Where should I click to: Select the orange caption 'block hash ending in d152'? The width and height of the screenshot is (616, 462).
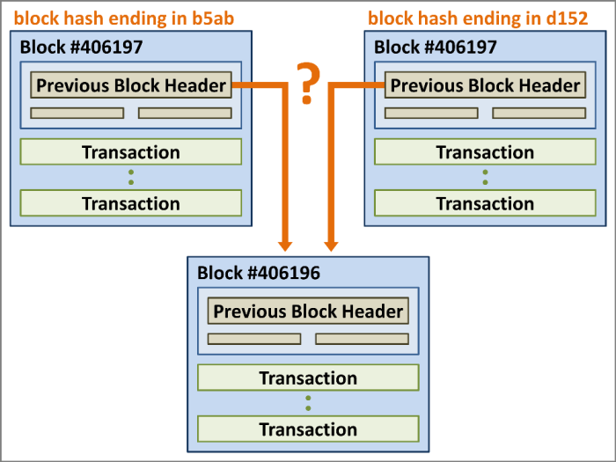point(477,18)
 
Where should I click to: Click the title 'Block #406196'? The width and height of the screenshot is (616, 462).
point(259,272)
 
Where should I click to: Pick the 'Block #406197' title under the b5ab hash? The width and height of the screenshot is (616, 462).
point(82,47)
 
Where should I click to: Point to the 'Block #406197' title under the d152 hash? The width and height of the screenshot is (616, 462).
point(436,47)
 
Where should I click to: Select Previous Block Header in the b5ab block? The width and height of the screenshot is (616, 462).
point(131,85)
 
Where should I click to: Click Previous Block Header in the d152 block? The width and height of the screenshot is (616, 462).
point(485,85)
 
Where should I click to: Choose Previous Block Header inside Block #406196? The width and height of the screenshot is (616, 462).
point(308,312)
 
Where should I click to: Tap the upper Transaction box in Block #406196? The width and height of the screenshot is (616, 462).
point(308,378)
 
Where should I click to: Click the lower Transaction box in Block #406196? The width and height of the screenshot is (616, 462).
point(308,429)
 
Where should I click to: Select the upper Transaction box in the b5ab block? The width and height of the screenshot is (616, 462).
point(130,152)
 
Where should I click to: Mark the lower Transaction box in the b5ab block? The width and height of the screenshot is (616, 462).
point(130,203)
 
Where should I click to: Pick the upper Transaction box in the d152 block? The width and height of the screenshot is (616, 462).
point(485,152)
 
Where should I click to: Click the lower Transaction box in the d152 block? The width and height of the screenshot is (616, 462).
point(485,203)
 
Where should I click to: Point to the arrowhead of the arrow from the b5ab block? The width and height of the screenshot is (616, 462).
point(284,242)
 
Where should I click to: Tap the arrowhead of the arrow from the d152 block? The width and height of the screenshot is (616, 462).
point(332,242)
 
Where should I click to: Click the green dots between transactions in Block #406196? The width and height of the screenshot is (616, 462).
point(308,404)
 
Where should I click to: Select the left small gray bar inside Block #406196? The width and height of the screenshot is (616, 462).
point(254,339)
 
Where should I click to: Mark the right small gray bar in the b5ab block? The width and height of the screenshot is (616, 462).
point(185,113)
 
